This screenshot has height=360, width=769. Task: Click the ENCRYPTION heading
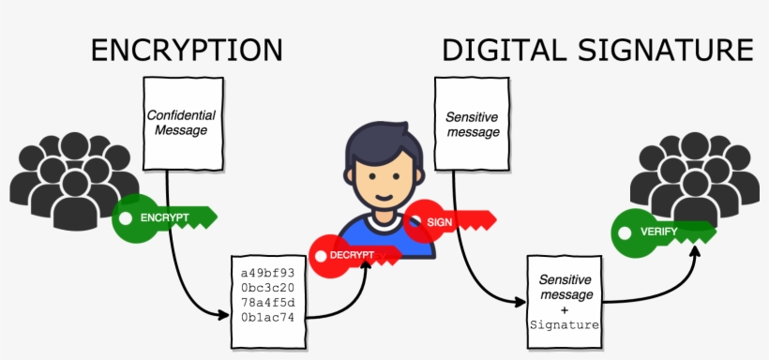[x=187, y=50]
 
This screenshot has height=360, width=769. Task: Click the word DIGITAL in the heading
[x=498, y=50]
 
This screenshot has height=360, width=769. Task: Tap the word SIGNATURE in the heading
[x=661, y=50]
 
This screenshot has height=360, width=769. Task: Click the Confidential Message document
[x=181, y=124]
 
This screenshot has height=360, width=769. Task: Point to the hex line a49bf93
[x=268, y=272]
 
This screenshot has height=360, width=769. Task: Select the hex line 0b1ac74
[x=268, y=318]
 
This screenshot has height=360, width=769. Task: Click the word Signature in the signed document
[x=565, y=324]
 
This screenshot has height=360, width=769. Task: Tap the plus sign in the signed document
[x=565, y=309]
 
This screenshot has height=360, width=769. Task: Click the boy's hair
[x=377, y=141]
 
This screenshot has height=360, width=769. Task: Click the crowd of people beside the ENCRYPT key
[x=66, y=178]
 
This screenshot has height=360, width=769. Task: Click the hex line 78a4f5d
[x=268, y=303]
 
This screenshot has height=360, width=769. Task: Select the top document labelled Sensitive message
[x=472, y=124]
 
